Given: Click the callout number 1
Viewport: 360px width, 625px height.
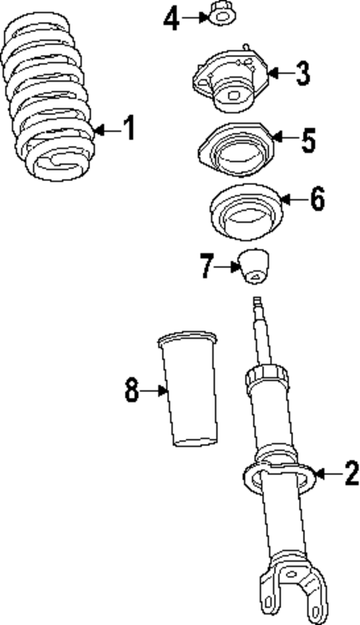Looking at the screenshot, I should click(x=129, y=129).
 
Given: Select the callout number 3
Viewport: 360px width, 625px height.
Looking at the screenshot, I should click(x=301, y=73).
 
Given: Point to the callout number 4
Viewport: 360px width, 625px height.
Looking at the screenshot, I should click(x=171, y=18).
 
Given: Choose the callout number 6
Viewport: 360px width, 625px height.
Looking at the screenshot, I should click(x=317, y=198).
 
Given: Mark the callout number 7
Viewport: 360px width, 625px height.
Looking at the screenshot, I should click(x=206, y=266).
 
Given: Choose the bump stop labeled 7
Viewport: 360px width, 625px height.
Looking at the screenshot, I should click(x=254, y=268).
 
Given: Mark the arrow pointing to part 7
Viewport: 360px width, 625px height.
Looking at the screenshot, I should click(x=226, y=266).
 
